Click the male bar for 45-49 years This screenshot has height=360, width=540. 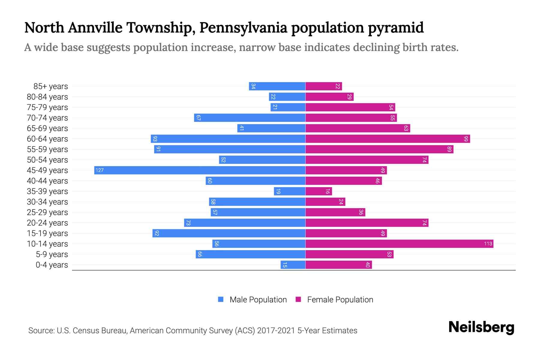coord(199,170)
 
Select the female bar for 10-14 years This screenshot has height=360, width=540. coord(399,244)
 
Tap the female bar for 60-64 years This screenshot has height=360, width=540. coord(388,139)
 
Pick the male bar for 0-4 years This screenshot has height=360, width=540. coord(293,265)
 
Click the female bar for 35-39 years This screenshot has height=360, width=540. coord(319,191)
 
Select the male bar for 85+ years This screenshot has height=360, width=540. coord(277,86)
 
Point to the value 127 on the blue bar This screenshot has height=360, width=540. coord(100,170)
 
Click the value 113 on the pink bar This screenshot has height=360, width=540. coord(488,244)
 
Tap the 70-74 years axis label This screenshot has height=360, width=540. coord(47,118)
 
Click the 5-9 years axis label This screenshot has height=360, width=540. coord(52,254)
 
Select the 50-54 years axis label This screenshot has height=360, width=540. coord(47,160)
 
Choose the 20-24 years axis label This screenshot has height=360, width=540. coord(47,223)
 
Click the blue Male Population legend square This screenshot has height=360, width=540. coord(221,299)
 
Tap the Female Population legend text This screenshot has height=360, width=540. coord(340,300)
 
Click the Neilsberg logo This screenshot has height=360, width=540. coord(481,327)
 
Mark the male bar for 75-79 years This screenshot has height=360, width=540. coord(288,107)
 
